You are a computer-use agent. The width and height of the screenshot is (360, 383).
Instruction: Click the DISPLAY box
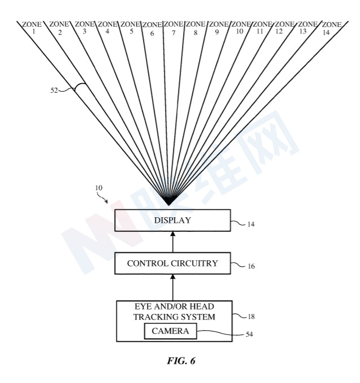click(172, 220)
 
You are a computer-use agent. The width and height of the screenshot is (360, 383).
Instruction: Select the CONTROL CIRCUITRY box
click(172, 263)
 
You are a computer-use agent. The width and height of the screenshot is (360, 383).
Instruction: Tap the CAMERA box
click(170, 332)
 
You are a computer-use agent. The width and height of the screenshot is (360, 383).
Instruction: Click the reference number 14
click(251, 225)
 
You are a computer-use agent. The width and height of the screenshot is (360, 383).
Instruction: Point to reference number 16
click(251, 265)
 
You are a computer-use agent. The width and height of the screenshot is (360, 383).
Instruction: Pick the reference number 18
click(251, 317)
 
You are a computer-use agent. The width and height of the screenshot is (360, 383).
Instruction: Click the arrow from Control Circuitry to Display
click(172, 242)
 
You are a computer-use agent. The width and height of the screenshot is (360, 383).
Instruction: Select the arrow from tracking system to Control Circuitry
click(172, 287)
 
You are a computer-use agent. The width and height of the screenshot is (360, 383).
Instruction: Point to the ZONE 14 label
click(332, 29)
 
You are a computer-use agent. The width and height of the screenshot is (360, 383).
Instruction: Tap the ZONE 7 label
click(174, 29)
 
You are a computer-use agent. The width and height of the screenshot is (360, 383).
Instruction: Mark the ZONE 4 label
click(107, 28)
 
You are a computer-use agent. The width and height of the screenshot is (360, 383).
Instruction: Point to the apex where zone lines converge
click(168, 204)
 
